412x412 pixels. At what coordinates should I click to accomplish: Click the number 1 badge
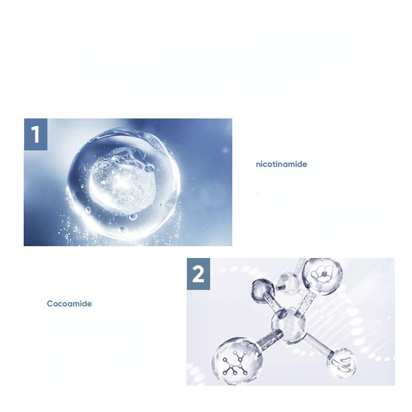pyautogui.click(x=36, y=134)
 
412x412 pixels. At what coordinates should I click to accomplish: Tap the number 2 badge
pyautogui.click(x=198, y=274)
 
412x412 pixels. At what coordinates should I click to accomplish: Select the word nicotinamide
pyautogui.click(x=281, y=164)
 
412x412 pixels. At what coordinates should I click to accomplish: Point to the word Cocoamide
pyautogui.click(x=70, y=304)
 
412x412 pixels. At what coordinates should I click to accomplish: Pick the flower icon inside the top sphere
pyautogui.click(x=322, y=274)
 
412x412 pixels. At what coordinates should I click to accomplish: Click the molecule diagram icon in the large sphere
pyautogui.click(x=235, y=363)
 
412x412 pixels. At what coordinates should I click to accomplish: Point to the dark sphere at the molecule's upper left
pyautogui.click(x=263, y=291)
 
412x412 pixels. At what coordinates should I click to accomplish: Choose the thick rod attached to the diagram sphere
pyautogui.click(x=268, y=339)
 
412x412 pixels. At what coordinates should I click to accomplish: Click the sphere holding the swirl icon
pyautogui.click(x=341, y=363)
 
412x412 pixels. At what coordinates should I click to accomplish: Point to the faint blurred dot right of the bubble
pyautogui.click(x=225, y=150)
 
